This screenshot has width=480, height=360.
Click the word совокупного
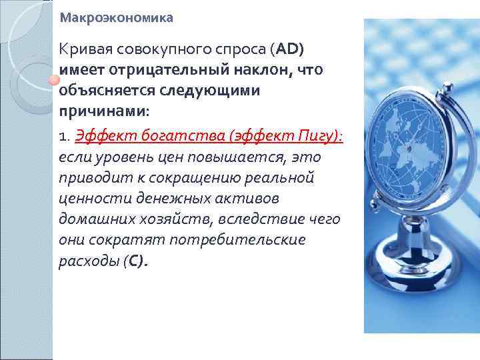pyautogui.click(x=157, y=50)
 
